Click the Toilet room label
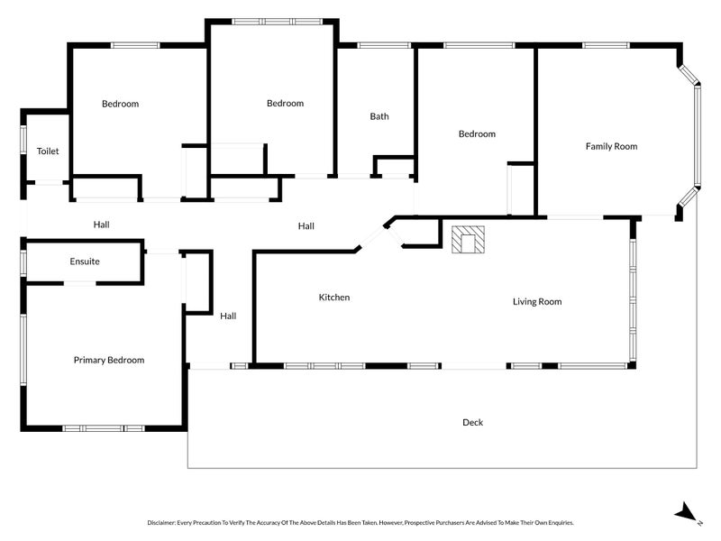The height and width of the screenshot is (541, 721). point(48,151)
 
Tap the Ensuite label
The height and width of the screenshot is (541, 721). point(85,261)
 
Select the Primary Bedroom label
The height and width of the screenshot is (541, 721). point(109,360)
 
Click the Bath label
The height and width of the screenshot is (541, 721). point(379,116)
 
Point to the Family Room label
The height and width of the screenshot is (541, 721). point(612,146)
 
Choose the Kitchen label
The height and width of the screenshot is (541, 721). point(334,298)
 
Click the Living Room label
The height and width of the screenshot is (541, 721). point(537,302)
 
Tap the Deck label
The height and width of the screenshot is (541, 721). point(472,422)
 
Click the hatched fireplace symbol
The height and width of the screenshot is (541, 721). point(468,240)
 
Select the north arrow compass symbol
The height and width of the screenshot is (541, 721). point(687,512)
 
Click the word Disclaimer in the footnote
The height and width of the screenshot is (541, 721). point(161,523)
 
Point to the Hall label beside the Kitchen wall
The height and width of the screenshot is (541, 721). point(228,316)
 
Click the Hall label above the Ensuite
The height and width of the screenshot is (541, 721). point(101,225)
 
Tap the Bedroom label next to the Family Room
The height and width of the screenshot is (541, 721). point(477,133)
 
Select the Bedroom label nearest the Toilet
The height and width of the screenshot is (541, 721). point(120,104)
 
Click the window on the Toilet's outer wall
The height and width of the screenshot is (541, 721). point(23,140)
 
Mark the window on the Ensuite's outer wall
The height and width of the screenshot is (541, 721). point(23,263)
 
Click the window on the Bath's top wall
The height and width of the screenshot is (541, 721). point(384,45)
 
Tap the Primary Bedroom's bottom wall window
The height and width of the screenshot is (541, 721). point(104,428)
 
